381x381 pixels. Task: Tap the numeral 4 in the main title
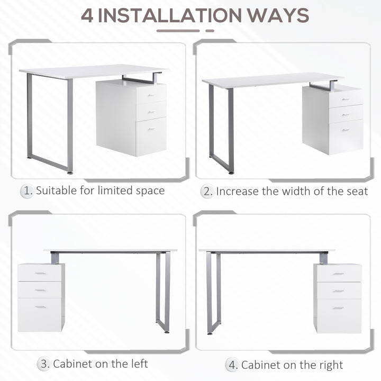[88, 15]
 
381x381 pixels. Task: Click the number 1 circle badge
[27, 191]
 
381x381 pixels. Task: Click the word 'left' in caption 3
[138, 364]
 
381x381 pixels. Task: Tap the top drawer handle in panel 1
[151, 95]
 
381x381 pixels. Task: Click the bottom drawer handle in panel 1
[151, 129]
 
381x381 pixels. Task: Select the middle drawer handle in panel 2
[345, 114]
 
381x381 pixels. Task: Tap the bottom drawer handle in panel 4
[338, 307]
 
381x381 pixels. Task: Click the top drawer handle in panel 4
[338, 273]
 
